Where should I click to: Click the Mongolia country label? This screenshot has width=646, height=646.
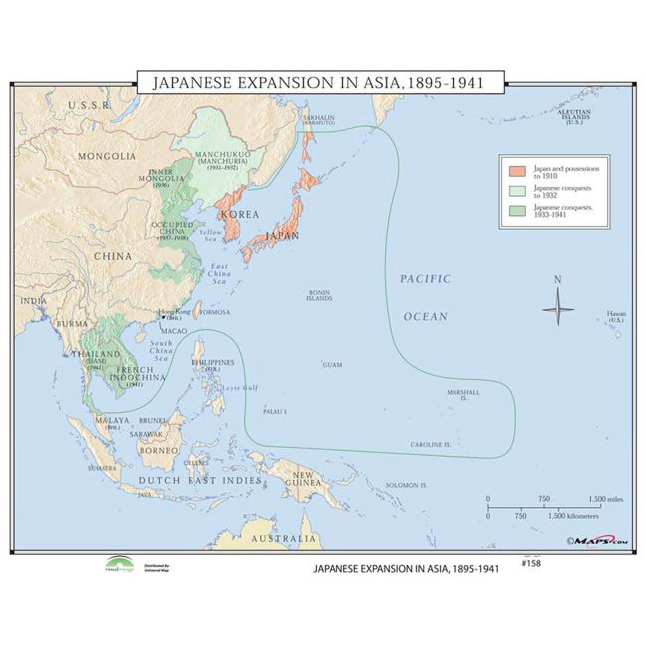[x=106, y=156]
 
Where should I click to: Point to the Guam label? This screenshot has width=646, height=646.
[x=332, y=365]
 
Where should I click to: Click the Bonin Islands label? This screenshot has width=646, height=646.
[x=320, y=296]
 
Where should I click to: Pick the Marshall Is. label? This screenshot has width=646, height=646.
[x=463, y=395]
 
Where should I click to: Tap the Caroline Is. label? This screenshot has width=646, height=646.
[x=430, y=444]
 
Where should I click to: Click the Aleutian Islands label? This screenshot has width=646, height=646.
[x=573, y=115]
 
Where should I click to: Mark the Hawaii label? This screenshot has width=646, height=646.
[x=616, y=317]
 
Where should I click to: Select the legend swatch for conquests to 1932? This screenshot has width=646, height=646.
[x=517, y=191]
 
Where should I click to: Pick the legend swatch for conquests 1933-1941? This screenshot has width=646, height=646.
[x=517, y=211]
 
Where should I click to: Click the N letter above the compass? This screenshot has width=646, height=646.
[x=558, y=280]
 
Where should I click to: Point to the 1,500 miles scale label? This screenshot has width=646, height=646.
[x=605, y=499]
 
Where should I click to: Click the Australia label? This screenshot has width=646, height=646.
[x=283, y=539]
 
